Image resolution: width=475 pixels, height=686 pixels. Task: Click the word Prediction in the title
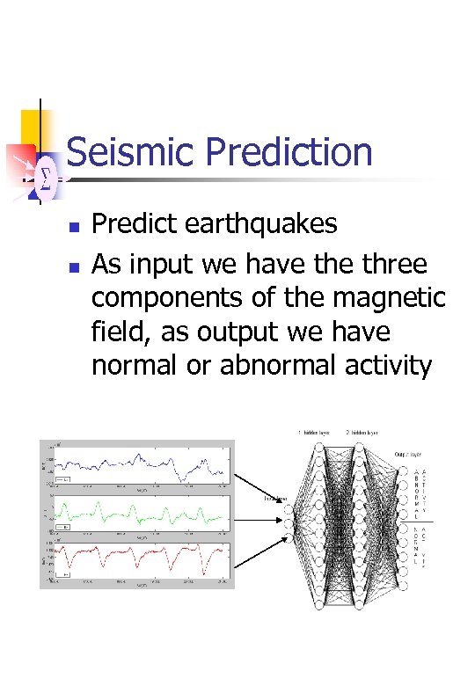[x=289, y=152]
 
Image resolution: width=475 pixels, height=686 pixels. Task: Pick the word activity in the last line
[x=392, y=365]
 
